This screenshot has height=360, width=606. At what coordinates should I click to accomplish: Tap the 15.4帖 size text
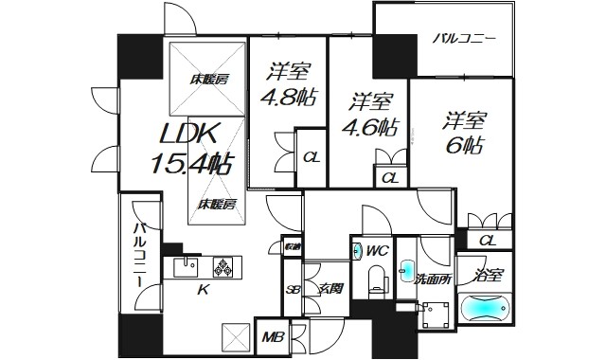[x=191, y=163]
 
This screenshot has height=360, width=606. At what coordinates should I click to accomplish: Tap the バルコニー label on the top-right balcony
[x=465, y=40]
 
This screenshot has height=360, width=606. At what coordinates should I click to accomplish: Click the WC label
[x=377, y=251]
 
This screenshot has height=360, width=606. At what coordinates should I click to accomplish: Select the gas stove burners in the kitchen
[x=225, y=268]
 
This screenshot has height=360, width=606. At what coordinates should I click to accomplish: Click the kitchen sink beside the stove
[x=189, y=266]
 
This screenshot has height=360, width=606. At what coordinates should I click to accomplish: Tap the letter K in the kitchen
[x=201, y=290]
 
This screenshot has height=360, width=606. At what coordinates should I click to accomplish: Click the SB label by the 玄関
[x=293, y=290]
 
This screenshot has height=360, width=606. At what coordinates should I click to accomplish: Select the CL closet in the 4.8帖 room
[x=310, y=158]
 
